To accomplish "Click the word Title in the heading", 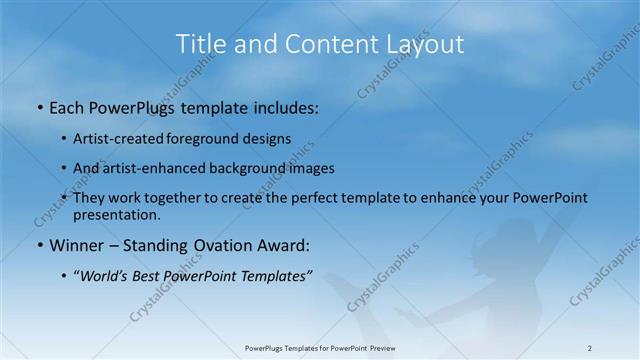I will tap(199, 44).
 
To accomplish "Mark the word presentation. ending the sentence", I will tap(116, 214).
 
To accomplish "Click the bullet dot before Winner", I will tap(39, 245).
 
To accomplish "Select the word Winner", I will tap(76, 245).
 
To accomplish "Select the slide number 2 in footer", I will tap(590, 348).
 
